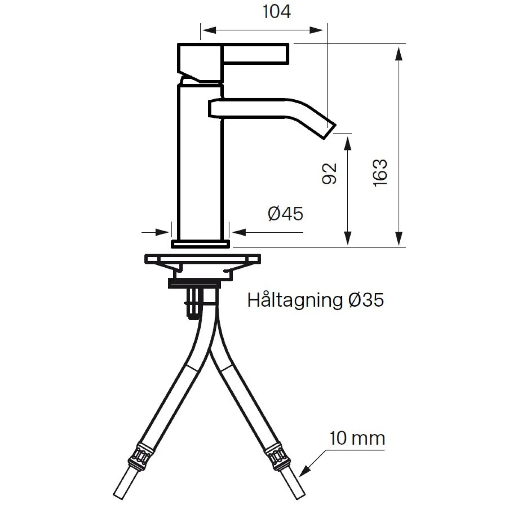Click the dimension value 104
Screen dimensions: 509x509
(277, 11)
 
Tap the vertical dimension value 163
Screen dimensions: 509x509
(380, 173)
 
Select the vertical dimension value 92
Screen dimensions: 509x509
(329, 174)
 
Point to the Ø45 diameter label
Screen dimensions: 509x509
(285, 214)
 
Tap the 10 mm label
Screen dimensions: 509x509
(357, 438)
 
